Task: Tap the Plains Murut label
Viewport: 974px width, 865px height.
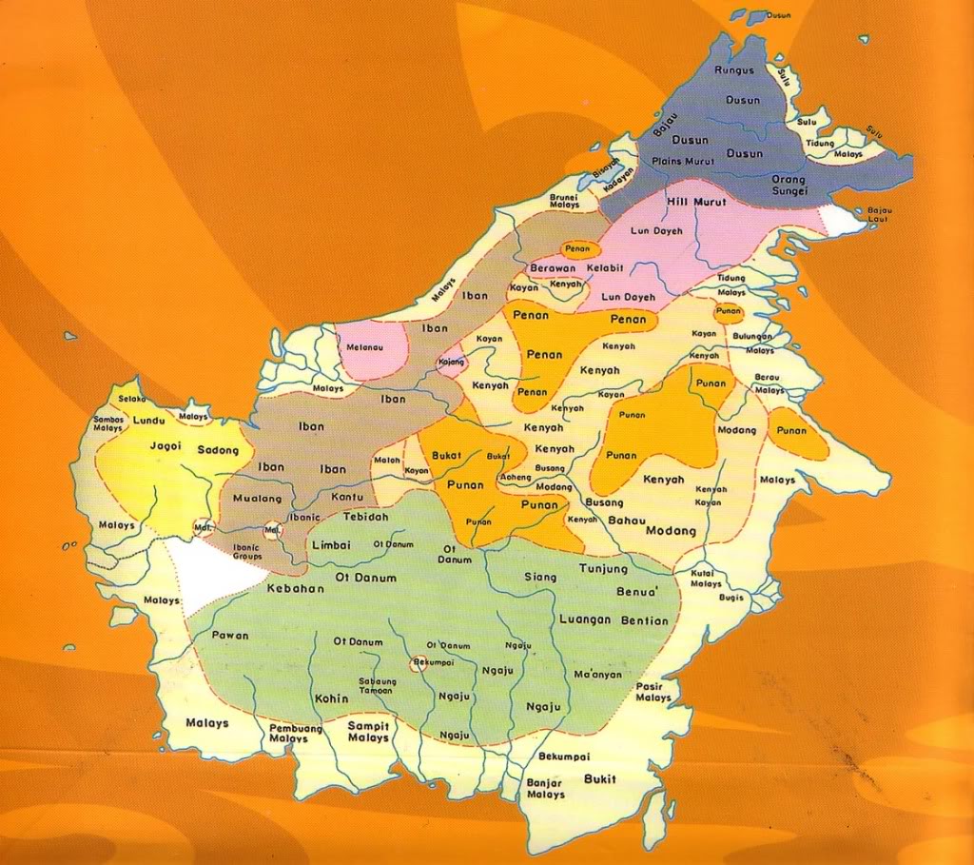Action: [700, 162]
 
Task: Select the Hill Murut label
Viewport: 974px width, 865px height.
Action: [696, 202]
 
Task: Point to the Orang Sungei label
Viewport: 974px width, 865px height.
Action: [788, 185]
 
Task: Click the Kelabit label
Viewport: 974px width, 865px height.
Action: [605, 270]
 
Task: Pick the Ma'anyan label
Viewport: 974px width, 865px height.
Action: [598, 675]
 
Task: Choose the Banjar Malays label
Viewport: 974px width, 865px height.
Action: [545, 789]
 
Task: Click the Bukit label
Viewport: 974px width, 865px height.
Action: [600, 779]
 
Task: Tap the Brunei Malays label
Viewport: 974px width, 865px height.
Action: [565, 201]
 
